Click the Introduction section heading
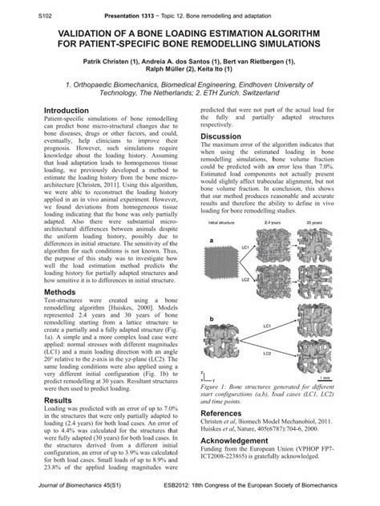[x=66, y=110]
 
